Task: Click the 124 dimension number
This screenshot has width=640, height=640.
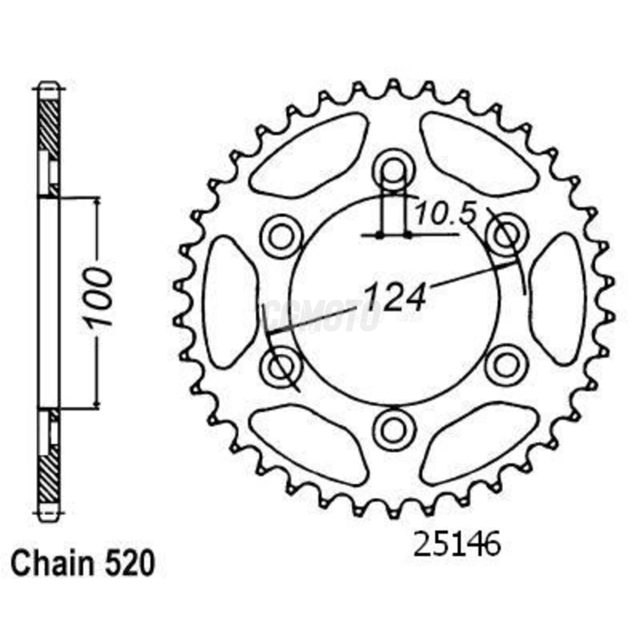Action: pos(395,296)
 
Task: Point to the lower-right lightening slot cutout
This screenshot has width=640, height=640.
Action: pos(478,446)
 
